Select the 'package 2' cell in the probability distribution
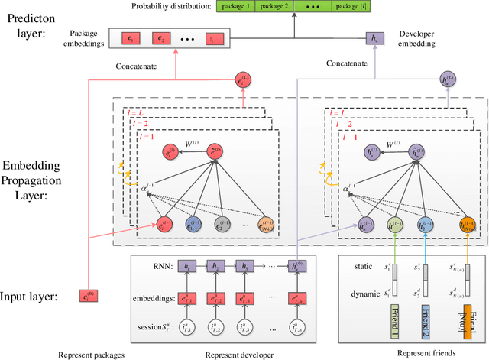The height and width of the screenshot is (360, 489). pyautogui.click(x=277, y=7)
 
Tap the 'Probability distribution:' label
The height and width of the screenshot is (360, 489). pyautogui.click(x=170, y=7)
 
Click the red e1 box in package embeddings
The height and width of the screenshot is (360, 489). pyautogui.click(x=131, y=37)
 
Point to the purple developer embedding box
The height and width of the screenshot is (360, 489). pyautogui.click(x=374, y=37)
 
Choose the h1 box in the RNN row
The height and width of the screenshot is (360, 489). pyautogui.click(x=186, y=265)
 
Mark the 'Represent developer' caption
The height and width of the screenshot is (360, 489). pyautogui.click(x=238, y=354)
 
